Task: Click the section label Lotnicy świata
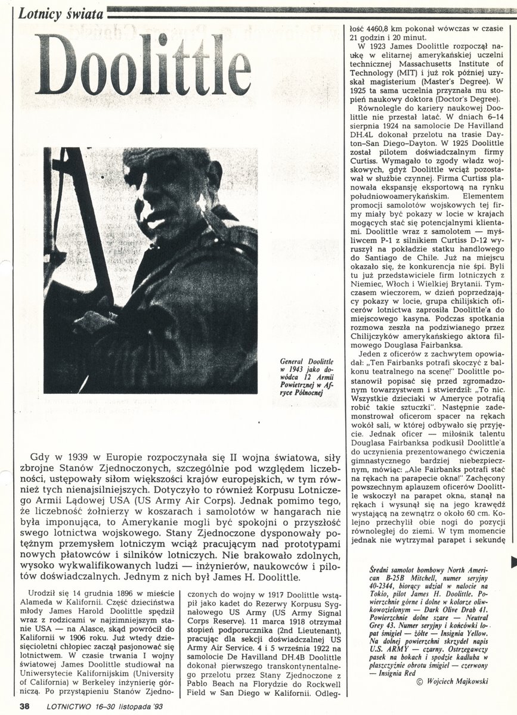coord(61,11)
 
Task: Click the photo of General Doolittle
coord(151,271)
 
